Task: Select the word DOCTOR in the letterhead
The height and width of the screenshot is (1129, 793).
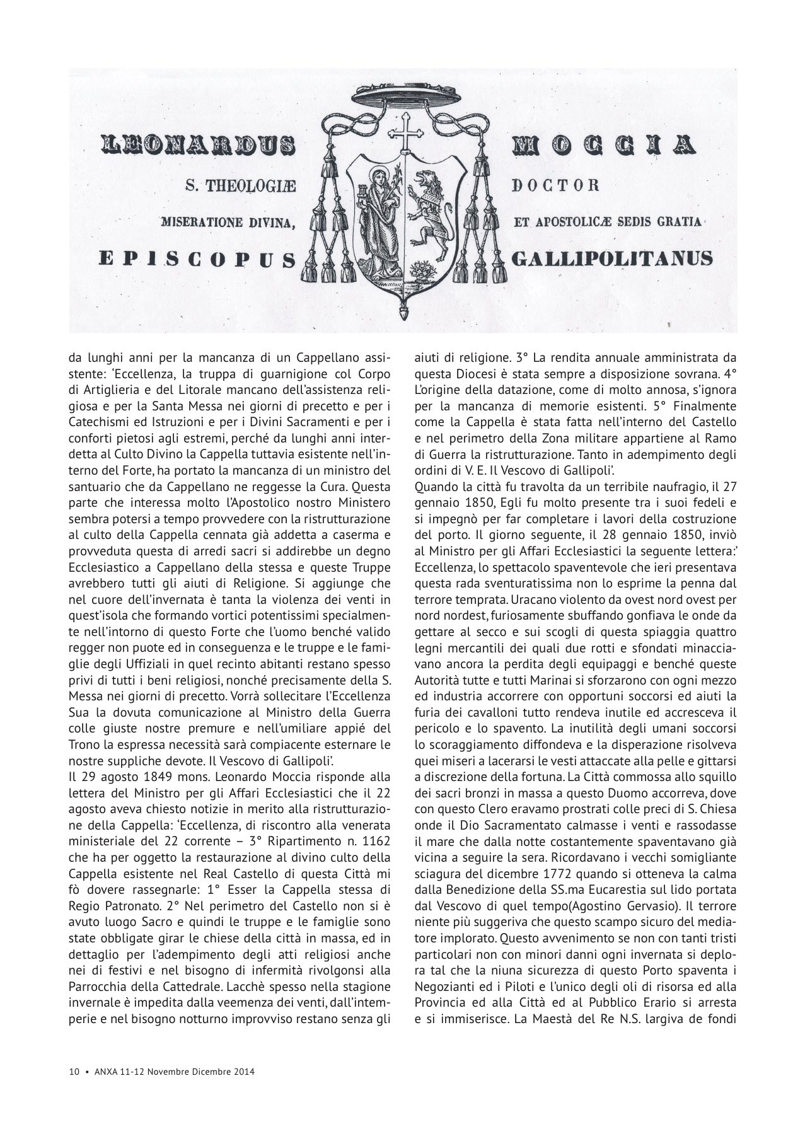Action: click(x=555, y=185)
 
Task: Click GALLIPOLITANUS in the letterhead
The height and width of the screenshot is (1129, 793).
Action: click(x=613, y=258)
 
